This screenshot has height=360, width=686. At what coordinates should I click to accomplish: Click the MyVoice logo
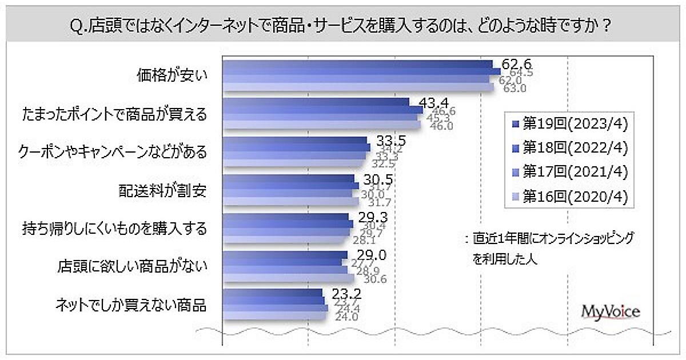coord(610,311)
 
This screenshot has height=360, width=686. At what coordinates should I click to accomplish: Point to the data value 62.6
coord(512,63)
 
